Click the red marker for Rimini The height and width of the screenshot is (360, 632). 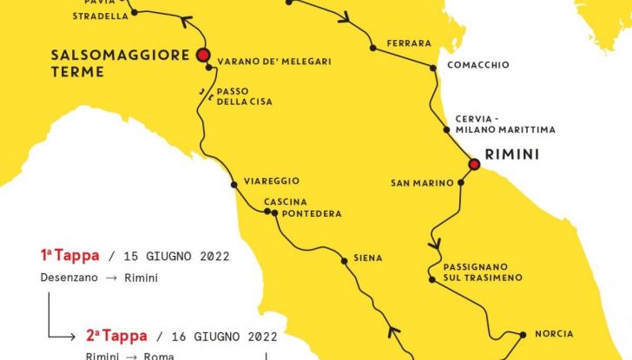[x=474, y=164]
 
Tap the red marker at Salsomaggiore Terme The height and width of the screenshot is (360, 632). [x=204, y=55]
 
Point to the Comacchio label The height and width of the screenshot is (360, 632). [x=477, y=65]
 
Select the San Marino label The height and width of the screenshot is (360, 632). [x=423, y=183]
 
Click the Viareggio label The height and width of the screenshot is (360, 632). [x=272, y=181]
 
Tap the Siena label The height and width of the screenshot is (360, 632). [x=367, y=258]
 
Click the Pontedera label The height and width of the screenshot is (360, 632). [x=315, y=213]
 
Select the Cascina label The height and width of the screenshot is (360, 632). [x=286, y=201]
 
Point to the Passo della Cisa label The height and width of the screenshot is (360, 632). [x=244, y=96]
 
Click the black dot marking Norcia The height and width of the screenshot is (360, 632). [x=523, y=333]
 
